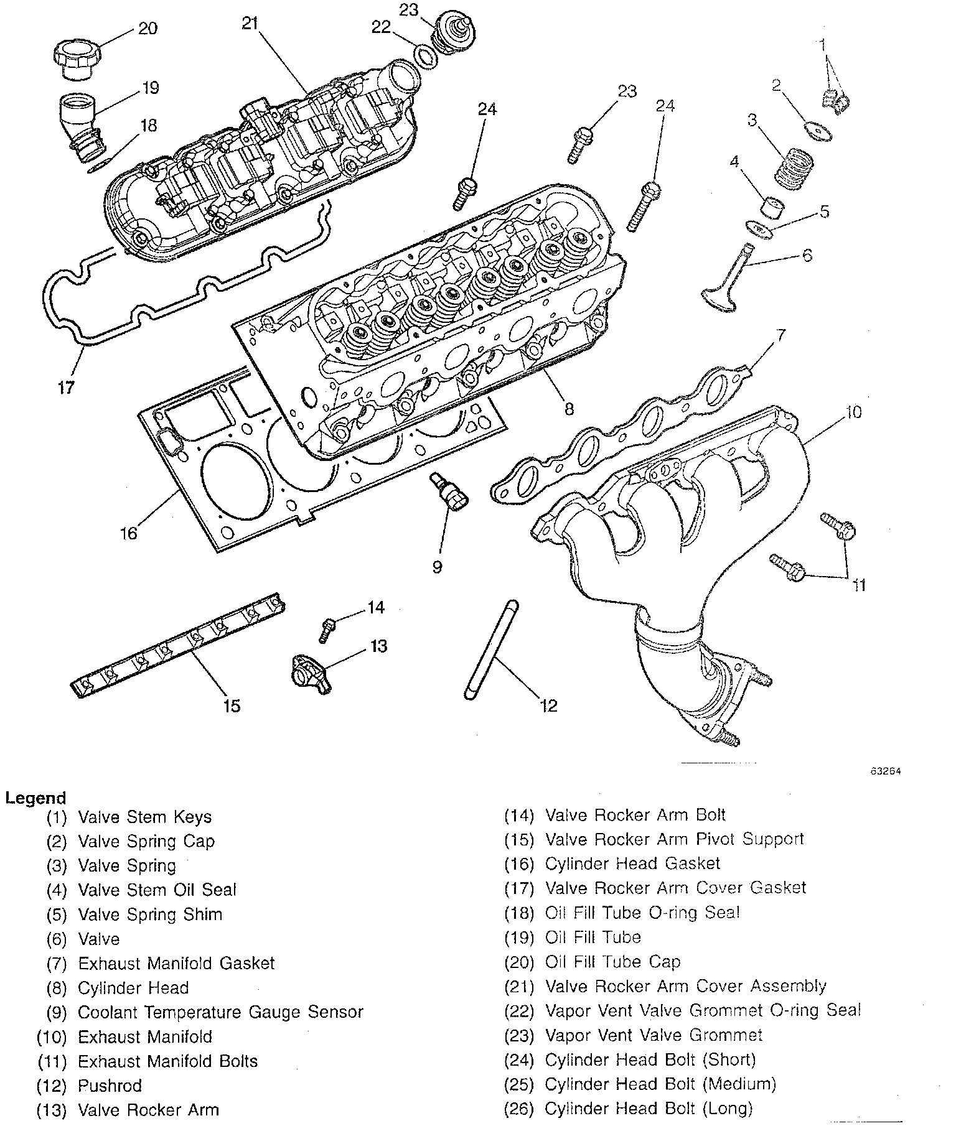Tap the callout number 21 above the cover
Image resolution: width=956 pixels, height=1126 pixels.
pos(250,24)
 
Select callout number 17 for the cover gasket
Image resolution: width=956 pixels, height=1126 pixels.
pos(67,387)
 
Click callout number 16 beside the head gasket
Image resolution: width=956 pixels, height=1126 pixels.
pos(129,533)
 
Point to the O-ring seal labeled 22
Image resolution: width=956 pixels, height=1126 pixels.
pos(424,57)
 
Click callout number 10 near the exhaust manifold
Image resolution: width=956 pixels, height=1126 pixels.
pos(853,412)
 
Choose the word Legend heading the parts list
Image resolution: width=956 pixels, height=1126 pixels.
pos(35,798)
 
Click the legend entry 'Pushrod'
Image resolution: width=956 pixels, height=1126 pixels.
pos(110,1086)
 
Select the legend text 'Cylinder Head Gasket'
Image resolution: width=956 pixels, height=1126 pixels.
pos(632,864)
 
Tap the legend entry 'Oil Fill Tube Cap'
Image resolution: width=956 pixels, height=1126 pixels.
pos(612,962)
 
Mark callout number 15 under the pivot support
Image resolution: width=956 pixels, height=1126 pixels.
pos(232,705)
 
